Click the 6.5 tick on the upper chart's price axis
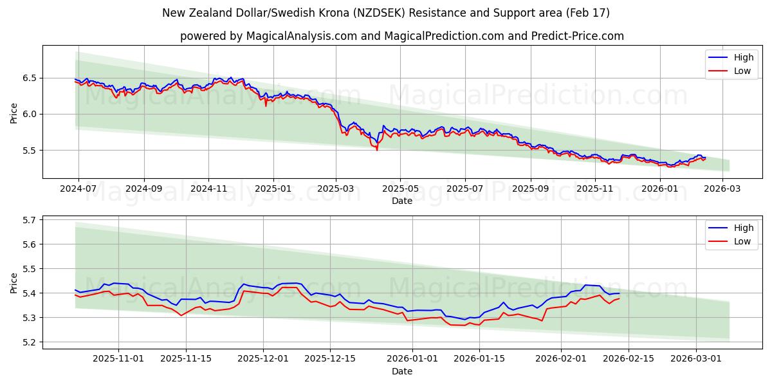pos(30,78)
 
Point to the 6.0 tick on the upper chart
pos(30,114)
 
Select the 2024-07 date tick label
pos(78,189)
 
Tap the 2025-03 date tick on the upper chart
pos(336,189)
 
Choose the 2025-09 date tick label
pos(530,189)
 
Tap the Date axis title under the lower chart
pos(402,371)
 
